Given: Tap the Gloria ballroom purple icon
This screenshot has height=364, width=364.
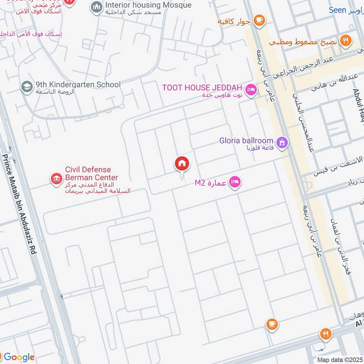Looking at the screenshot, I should [x=282, y=143].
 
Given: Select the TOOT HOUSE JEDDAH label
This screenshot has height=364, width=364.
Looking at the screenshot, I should [x=204, y=87].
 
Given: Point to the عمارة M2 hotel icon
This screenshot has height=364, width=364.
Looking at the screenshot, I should [x=235, y=182].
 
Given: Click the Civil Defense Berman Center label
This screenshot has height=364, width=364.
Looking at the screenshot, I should [x=91, y=173].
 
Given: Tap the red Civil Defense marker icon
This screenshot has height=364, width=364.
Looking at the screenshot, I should [x=56, y=179].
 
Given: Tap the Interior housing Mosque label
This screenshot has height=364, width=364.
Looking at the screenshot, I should [x=148, y=5].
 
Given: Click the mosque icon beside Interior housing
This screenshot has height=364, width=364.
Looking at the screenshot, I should [x=96, y=7].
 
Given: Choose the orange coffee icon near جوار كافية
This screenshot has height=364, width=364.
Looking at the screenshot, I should [x=258, y=20].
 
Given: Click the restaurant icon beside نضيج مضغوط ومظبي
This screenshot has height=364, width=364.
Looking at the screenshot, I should [x=346, y=41].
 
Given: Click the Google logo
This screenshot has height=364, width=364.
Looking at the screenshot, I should [x=19, y=357].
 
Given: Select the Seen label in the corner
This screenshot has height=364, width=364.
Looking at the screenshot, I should [x=337, y=10].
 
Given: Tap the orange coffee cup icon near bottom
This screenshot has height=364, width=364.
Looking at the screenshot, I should [x=272, y=324].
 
